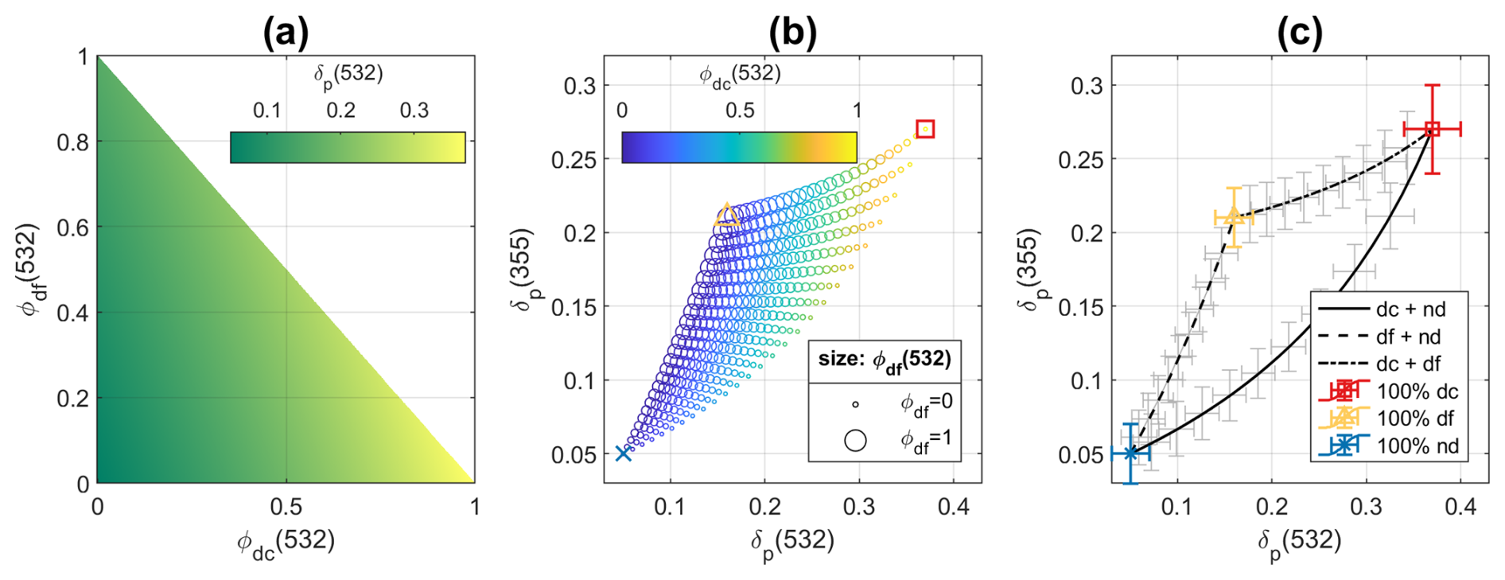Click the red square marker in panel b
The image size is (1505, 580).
click(x=925, y=129)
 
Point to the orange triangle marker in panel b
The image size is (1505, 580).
click(x=726, y=215)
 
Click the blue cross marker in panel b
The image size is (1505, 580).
click(x=624, y=453)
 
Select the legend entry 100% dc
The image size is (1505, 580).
click(x=1417, y=391)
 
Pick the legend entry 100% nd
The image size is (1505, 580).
click(x=1417, y=446)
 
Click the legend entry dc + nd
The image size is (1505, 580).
click(x=1410, y=309)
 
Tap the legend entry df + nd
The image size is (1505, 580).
click(x=1408, y=337)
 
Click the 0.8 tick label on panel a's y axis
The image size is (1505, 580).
click(x=72, y=142)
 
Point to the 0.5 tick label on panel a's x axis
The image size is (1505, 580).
click(x=286, y=508)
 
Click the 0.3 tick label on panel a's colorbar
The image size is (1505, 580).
click(x=414, y=111)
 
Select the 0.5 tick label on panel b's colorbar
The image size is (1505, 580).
click(x=739, y=111)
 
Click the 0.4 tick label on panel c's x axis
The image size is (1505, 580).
click(x=1460, y=508)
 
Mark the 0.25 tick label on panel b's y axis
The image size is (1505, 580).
click(x=574, y=160)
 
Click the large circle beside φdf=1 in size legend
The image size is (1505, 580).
click(x=855, y=440)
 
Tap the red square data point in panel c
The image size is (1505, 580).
click(x=1432, y=129)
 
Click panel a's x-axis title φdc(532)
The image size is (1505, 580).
click(x=286, y=543)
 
